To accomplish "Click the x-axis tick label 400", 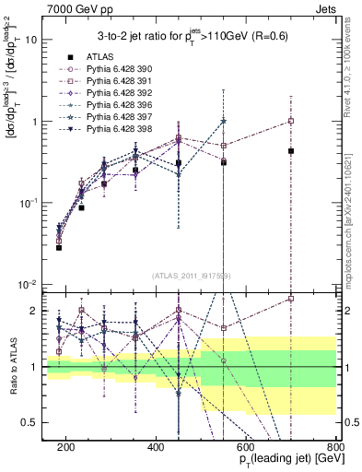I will coord(156,445).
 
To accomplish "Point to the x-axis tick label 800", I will coord(335,445).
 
